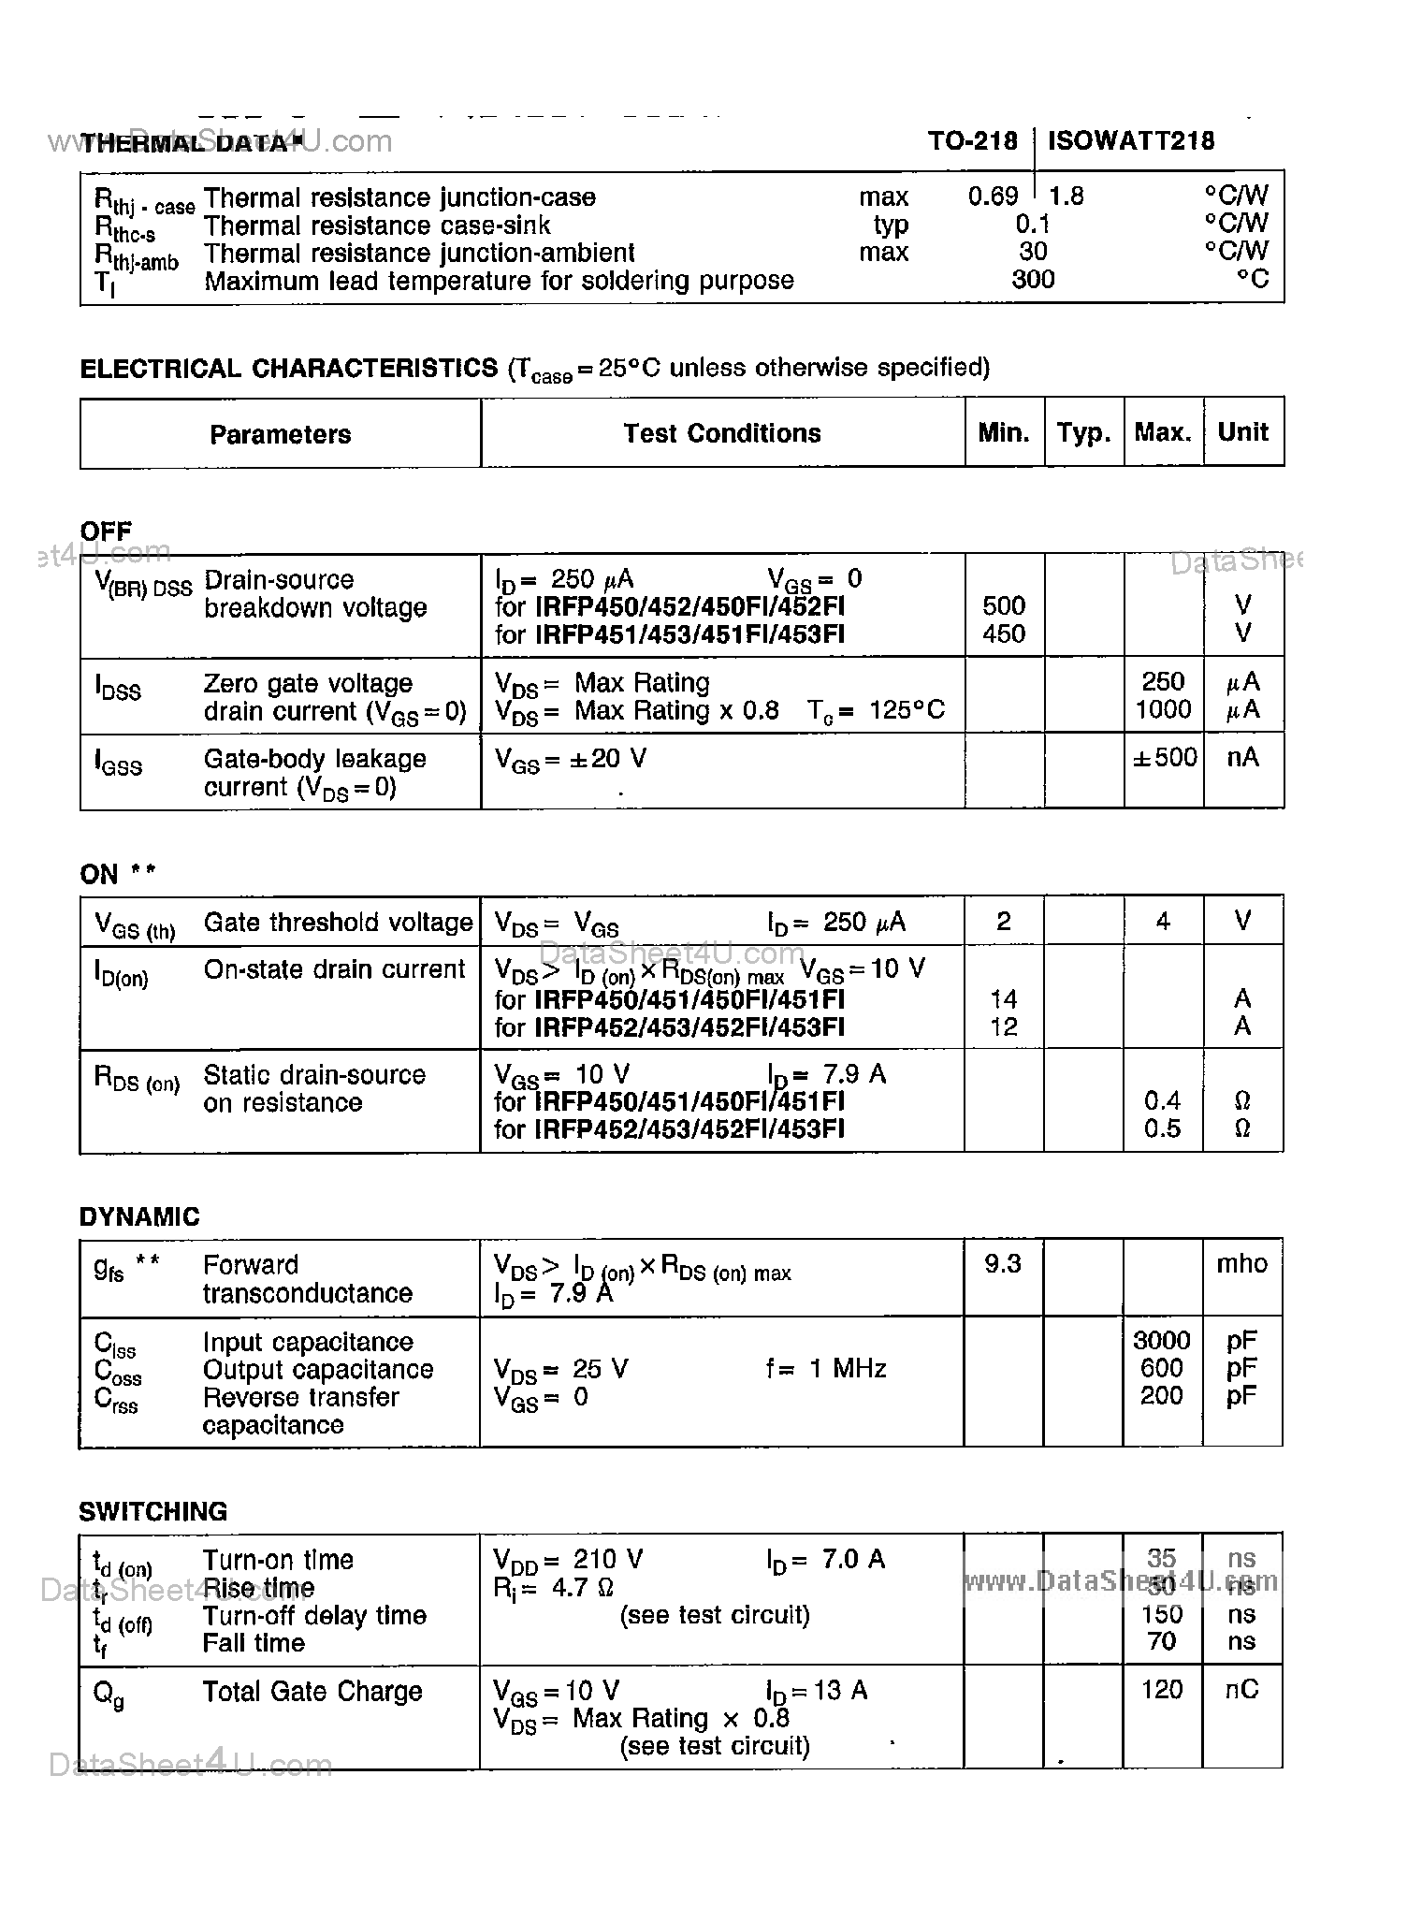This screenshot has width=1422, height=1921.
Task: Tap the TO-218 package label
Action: pyautogui.click(x=972, y=140)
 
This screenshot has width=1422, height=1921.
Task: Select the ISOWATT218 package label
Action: pyautogui.click(x=1131, y=140)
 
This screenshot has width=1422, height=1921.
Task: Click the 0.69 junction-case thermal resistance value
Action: pyautogui.click(x=993, y=196)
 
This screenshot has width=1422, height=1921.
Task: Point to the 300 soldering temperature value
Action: pyautogui.click(x=1033, y=279)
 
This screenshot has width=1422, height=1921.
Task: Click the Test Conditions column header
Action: pyautogui.click(x=722, y=433)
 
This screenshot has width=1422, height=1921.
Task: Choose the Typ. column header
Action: pyautogui.click(x=1083, y=433)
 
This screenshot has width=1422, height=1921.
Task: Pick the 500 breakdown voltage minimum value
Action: pyautogui.click(x=1004, y=605)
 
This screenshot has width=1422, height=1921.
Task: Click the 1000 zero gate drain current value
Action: pyautogui.click(x=1163, y=709)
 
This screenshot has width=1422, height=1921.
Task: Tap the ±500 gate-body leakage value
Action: pyautogui.click(x=1164, y=757)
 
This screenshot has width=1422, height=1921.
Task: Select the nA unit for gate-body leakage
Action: pyautogui.click(x=1242, y=757)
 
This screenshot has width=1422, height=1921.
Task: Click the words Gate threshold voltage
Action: pyautogui.click(x=338, y=922)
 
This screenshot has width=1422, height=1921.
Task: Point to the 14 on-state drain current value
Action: pyautogui.click(x=1004, y=998)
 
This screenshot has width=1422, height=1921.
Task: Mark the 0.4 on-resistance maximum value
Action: pyautogui.click(x=1162, y=1100)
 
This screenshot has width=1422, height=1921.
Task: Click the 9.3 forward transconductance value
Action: pyautogui.click(x=1003, y=1264)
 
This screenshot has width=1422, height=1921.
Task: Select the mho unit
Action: pyautogui.click(x=1241, y=1264)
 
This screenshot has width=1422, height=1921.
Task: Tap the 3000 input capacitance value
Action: pyautogui.click(x=1162, y=1341)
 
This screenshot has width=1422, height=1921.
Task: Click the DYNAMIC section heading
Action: pyautogui.click(x=139, y=1216)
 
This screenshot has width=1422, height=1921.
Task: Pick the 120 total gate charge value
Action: pyautogui.click(x=1162, y=1689)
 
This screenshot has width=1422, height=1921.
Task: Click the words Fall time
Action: pyautogui.click(x=254, y=1642)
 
